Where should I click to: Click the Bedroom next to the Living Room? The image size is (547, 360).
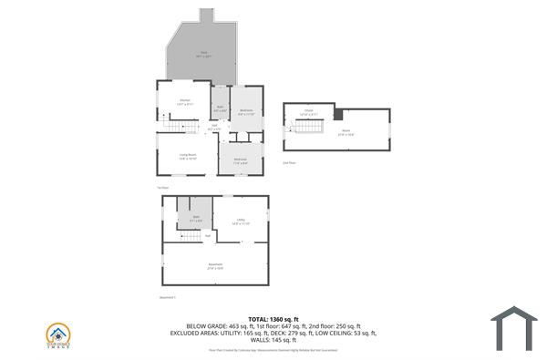click(240, 160)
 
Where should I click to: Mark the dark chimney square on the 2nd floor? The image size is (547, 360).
click(338, 115)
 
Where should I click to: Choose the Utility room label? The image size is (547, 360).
click(241, 221)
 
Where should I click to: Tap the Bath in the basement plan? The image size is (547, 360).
click(195, 219)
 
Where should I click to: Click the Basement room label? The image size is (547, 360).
click(215, 265)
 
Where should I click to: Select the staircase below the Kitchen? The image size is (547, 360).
click(181, 128)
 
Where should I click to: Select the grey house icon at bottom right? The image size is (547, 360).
click(514, 328)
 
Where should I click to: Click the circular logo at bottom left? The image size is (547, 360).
click(59, 333)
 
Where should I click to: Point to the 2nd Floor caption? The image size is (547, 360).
click(290, 162)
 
